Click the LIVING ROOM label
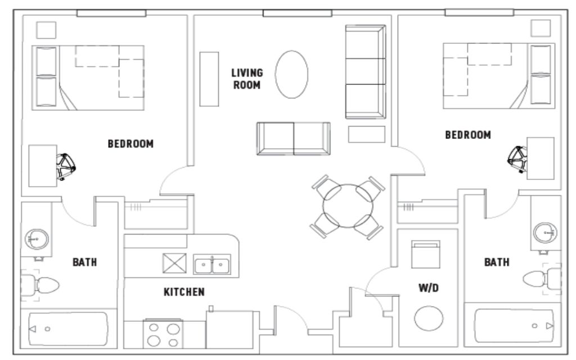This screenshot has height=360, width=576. click(x=247, y=79)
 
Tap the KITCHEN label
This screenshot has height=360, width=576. click(x=184, y=292)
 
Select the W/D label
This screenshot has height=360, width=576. click(x=428, y=288)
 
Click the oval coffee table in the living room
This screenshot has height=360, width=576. click(x=292, y=75)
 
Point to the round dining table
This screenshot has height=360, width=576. click(x=348, y=206)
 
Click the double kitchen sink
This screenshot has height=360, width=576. click(x=212, y=264)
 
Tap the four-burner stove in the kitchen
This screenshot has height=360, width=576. click(x=163, y=334)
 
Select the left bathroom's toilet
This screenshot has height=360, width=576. click(x=40, y=285)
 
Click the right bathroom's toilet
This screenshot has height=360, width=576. click(x=542, y=279)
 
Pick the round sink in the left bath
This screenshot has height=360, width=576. click(x=37, y=239)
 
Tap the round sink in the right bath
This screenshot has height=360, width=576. click(x=545, y=233)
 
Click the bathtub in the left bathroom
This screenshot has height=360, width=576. click(x=68, y=329)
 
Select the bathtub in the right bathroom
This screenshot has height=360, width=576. click(x=514, y=326)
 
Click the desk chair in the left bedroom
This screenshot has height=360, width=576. click(x=66, y=166)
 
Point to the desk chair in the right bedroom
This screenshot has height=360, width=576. click(x=517, y=159)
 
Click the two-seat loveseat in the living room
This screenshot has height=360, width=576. click(x=294, y=138)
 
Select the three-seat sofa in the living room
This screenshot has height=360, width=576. click(x=366, y=71)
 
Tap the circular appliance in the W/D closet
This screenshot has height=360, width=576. click(x=429, y=318)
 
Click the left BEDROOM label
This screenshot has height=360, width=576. click(x=130, y=143)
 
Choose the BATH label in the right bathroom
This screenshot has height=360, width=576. click(x=497, y=262)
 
